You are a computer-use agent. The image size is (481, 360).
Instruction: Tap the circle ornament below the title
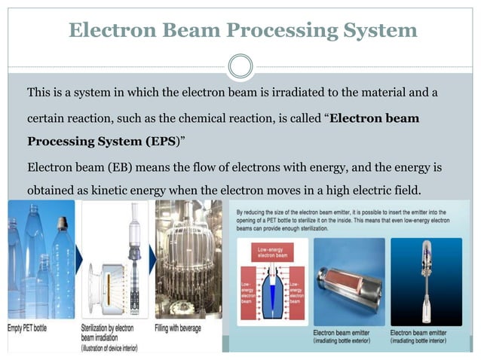(240, 66)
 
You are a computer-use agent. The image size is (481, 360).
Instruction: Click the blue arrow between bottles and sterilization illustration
(78, 259)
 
